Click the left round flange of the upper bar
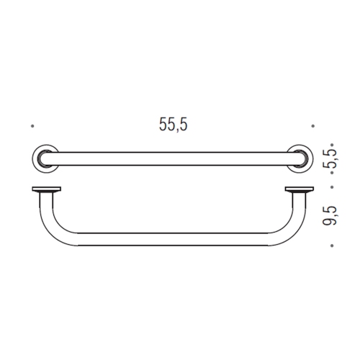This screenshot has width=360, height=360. (x=44, y=158)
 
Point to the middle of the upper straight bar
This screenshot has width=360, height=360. (x=173, y=158)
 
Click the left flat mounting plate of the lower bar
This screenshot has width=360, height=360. (x=47, y=191)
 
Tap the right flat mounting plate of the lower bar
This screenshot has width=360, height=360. (x=300, y=191)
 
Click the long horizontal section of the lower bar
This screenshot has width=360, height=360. (x=173, y=238)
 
